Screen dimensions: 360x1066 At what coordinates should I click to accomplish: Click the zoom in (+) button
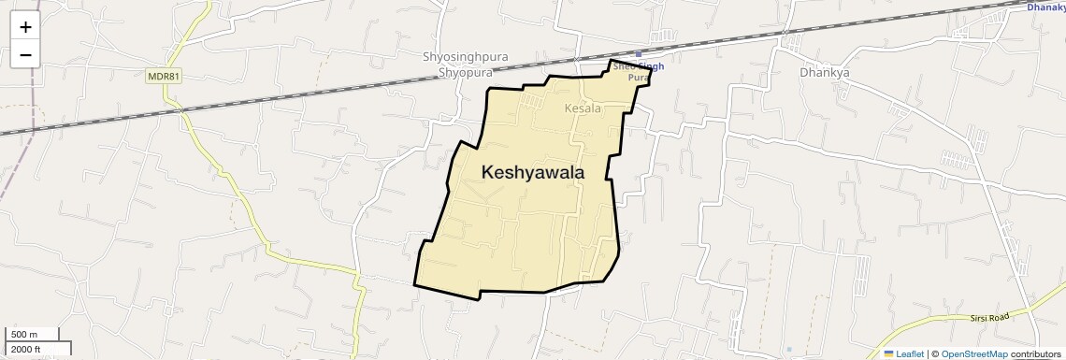tap(25, 27)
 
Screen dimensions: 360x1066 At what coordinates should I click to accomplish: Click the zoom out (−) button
tap(25, 55)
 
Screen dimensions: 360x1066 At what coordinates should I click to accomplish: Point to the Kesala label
tap(583, 109)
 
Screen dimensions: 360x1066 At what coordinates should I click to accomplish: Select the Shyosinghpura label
tap(465, 57)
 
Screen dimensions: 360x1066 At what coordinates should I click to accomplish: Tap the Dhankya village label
tap(825, 72)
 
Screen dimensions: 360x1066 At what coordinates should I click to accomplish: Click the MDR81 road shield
tap(163, 77)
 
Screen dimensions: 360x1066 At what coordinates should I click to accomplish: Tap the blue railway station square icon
tap(640, 54)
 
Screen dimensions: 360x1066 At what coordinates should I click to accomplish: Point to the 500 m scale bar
tap(32, 335)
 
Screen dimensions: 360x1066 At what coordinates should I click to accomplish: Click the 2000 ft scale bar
tap(37, 349)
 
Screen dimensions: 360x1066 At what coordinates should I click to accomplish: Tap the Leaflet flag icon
tap(888, 353)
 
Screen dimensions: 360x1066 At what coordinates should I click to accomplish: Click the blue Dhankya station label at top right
tap(1045, 7)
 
